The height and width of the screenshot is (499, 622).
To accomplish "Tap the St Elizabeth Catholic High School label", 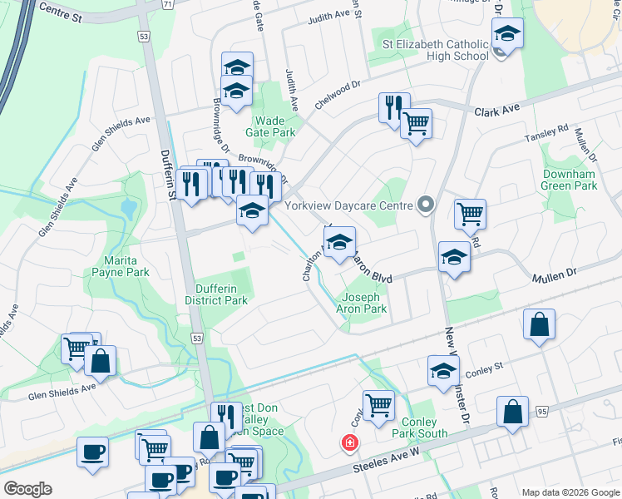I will pyautogui.click(x=436, y=50).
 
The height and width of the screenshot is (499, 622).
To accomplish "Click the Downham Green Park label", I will pyautogui.click(x=570, y=180).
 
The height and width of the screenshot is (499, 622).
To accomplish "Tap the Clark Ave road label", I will pyautogui.click(x=496, y=110).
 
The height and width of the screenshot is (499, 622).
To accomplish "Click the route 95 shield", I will pyautogui.click(x=541, y=412).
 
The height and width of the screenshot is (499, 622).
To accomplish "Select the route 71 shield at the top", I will pyautogui.click(x=168, y=4).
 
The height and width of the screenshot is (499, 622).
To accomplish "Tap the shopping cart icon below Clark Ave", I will pyautogui.click(x=416, y=124).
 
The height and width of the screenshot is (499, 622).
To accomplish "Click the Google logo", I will pyautogui.click(x=27, y=489).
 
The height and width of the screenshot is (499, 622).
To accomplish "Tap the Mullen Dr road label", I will pyautogui.click(x=553, y=273).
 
